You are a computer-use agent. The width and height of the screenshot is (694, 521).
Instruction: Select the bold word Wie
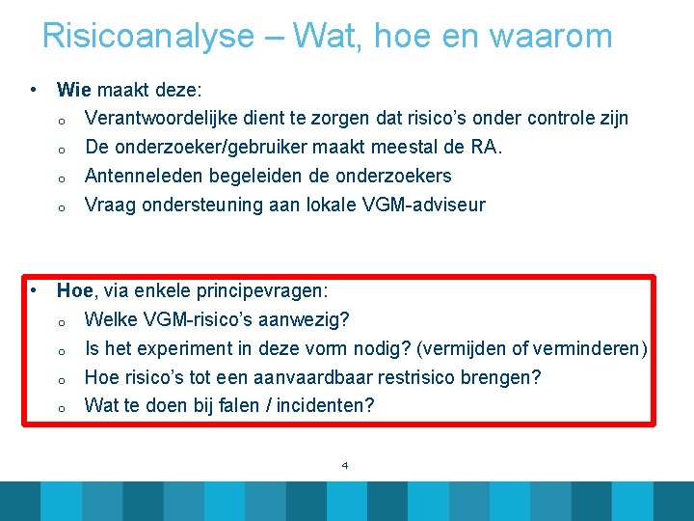(73, 90)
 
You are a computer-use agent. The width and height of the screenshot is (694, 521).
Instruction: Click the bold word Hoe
(75, 290)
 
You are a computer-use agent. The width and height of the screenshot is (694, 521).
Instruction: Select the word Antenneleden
(144, 177)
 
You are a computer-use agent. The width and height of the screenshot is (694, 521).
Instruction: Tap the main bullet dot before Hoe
(34, 289)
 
